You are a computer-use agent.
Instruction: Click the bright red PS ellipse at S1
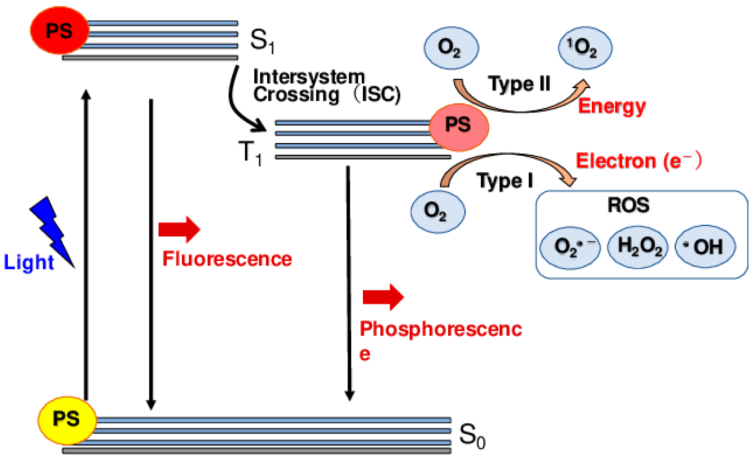click(60, 30)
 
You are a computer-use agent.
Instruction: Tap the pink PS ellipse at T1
click(459, 127)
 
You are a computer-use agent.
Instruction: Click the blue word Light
click(29, 262)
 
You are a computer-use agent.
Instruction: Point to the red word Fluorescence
click(227, 259)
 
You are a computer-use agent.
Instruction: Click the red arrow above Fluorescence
click(179, 229)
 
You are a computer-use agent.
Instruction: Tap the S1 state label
click(262, 42)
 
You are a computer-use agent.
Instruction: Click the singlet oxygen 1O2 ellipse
click(585, 48)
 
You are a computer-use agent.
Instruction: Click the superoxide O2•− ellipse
click(570, 248)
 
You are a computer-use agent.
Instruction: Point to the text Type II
click(519, 83)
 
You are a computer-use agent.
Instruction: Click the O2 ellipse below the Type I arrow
click(438, 212)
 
